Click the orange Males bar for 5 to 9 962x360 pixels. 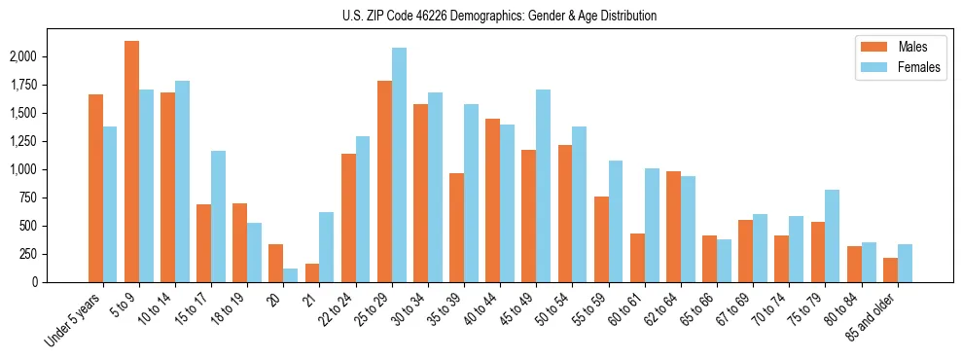coord(131,162)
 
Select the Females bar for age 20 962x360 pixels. coord(291,275)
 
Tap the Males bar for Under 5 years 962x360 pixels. coord(95,188)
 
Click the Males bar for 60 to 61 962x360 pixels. coord(637,258)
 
